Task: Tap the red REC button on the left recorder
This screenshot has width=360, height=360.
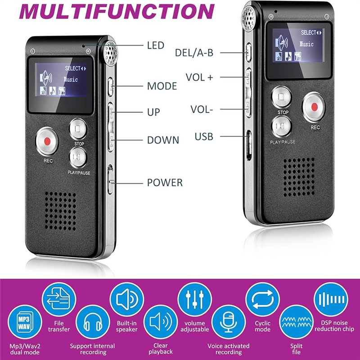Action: (47, 141)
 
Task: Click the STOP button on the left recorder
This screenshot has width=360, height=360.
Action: (78, 129)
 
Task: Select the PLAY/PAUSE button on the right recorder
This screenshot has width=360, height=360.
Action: (282, 126)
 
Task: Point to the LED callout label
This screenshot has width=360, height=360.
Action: (156, 45)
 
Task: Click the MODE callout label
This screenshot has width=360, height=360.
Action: (162, 86)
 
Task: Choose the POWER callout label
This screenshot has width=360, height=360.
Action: (165, 183)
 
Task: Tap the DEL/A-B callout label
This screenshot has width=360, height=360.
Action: (194, 53)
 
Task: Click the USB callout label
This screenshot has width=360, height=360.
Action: (204, 136)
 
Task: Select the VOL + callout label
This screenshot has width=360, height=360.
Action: (199, 77)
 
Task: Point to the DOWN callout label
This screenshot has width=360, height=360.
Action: (163, 140)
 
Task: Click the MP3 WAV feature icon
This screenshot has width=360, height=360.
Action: (25, 322)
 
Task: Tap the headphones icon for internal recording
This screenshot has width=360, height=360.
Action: (93, 322)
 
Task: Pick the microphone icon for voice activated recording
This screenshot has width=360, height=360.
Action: (229, 322)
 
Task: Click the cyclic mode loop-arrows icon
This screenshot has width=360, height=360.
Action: (262, 299)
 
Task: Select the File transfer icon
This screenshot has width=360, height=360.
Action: (59, 299)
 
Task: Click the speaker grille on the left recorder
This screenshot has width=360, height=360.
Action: (60, 211)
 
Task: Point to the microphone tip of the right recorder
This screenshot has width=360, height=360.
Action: (248, 19)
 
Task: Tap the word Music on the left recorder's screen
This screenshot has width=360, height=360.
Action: (71, 80)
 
